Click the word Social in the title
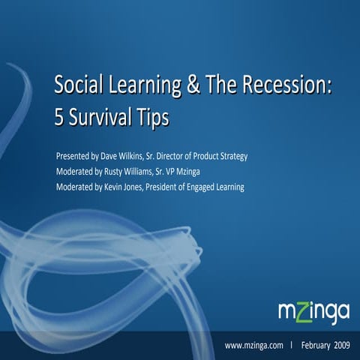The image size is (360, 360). pyautogui.click(x=78, y=87)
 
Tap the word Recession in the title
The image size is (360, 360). pyautogui.click(x=288, y=87)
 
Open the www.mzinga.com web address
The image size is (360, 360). pyautogui.click(x=253, y=345)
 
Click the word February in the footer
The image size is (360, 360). pyautogui.click(x=319, y=345)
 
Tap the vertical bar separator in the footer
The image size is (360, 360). pyautogui.click(x=291, y=345)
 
